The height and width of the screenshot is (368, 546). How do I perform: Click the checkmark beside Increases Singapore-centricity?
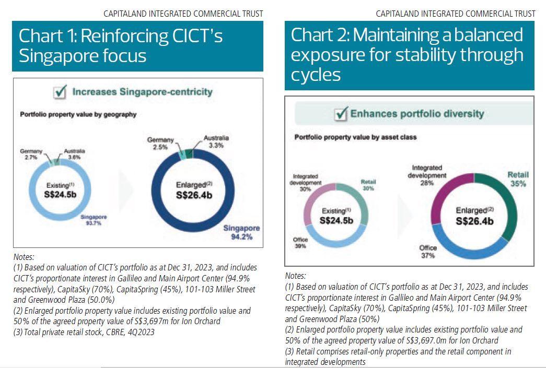(61, 92)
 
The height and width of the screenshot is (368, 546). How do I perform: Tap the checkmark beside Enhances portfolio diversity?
(342, 113)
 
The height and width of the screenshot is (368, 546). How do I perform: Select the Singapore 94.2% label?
(241, 232)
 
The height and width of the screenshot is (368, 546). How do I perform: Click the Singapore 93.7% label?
(94, 220)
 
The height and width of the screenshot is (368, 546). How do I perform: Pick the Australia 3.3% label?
(216, 141)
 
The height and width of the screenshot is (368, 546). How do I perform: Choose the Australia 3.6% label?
(74, 154)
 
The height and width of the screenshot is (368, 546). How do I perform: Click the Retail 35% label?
(518, 179)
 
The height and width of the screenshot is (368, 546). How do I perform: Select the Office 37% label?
(428, 252)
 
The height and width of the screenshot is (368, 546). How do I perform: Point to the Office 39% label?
(300, 243)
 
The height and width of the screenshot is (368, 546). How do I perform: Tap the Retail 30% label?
(368, 185)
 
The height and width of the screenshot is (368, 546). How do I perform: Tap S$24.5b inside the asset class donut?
(336, 221)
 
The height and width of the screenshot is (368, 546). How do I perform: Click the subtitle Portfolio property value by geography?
(78, 114)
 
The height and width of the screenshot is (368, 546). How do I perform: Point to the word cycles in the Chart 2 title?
(316, 75)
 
